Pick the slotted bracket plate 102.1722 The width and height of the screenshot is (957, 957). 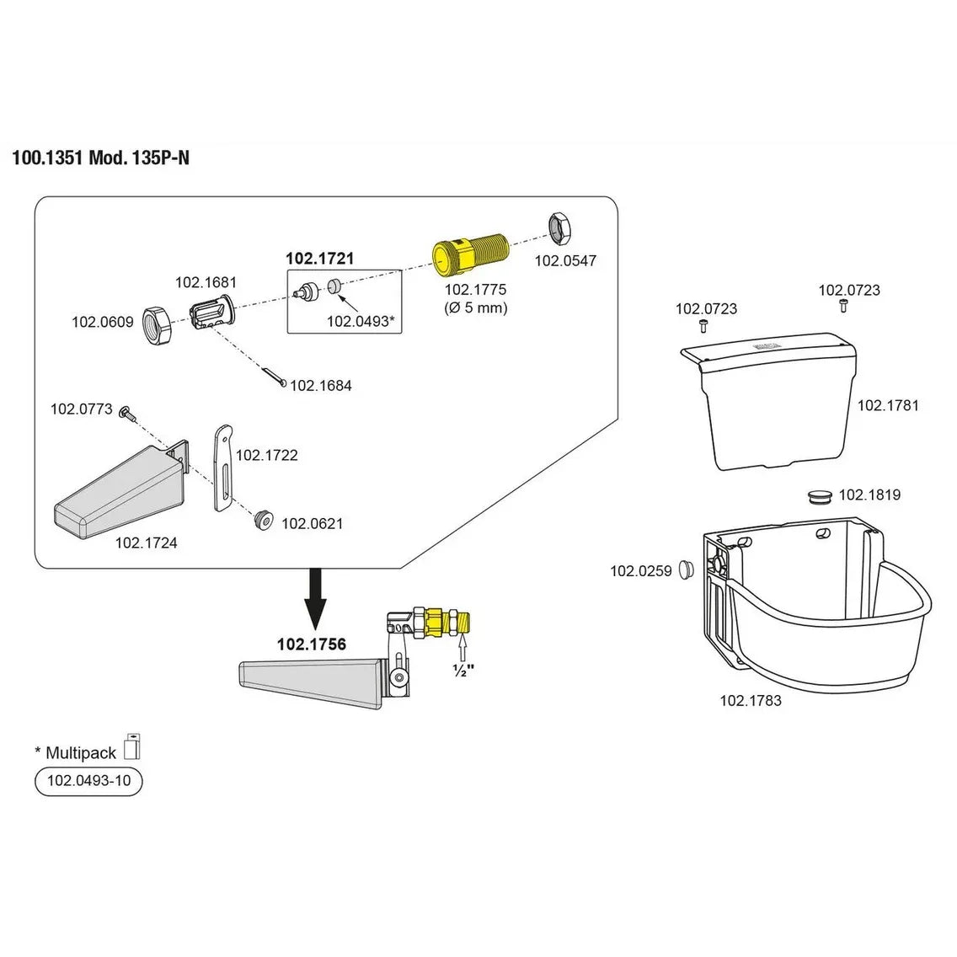click(x=221, y=468)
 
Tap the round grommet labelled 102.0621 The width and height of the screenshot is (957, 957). click(x=265, y=520)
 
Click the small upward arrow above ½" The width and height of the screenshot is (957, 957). click(x=462, y=650)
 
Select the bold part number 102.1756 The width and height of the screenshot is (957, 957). click(x=312, y=644)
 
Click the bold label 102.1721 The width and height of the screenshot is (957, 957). click(x=319, y=259)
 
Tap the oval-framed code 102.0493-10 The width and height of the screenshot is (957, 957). click(x=88, y=781)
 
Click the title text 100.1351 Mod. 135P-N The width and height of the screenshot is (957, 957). click(x=101, y=158)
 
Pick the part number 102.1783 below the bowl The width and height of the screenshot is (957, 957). click(x=750, y=700)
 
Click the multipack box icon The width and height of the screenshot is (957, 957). click(x=131, y=746)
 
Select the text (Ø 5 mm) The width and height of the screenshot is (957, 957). click(x=476, y=307)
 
